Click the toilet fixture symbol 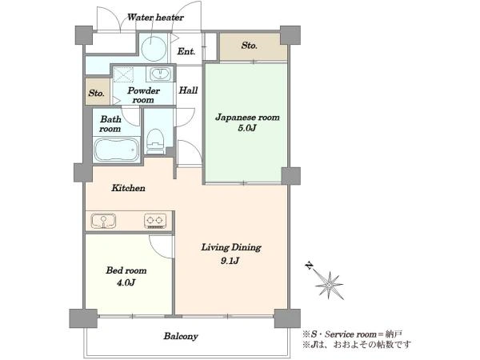click(155, 141)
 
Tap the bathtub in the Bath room click(116, 150)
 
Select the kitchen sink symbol click(103, 221)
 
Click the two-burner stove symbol click(155, 221)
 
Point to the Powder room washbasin click(160, 74)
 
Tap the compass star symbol click(329, 286)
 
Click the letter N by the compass click(310, 266)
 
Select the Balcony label click(181, 336)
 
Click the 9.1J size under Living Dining click(230, 261)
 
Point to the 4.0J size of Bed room click(126, 282)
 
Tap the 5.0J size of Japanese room click(246, 128)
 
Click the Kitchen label click(128, 188)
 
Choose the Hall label click(188, 90)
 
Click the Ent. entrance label click(186, 51)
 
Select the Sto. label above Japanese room click(249, 46)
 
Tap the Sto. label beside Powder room click(97, 93)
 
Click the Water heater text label click(155, 17)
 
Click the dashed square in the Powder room click(123, 74)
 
